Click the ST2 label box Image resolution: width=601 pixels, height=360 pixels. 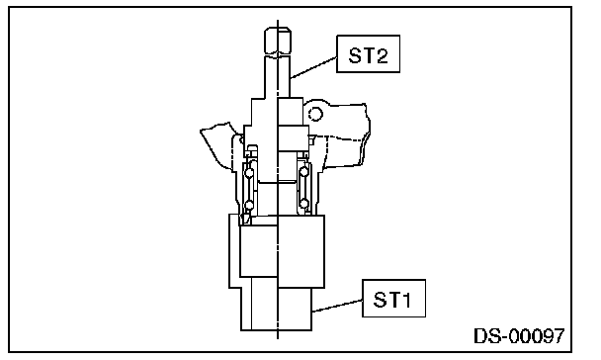368,53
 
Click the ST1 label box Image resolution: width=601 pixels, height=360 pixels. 393,299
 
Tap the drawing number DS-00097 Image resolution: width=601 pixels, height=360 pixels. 519,336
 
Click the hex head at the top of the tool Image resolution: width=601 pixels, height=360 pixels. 278,41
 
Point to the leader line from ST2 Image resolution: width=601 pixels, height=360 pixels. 313,67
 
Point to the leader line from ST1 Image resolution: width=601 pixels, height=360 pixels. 337,306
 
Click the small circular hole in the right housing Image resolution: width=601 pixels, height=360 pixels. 315,114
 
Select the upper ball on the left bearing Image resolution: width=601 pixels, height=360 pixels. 249,173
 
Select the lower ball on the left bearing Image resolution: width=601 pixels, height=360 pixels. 249,205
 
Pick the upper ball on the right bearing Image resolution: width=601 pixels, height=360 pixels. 304,172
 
